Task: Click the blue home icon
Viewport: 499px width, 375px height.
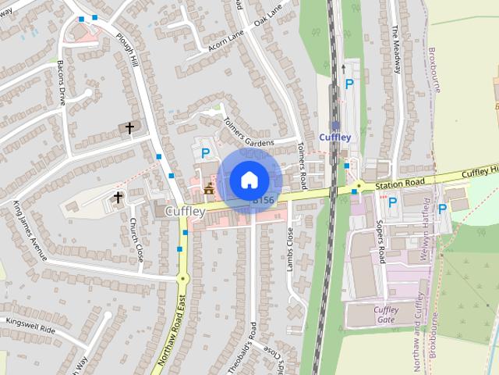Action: (x=249, y=180)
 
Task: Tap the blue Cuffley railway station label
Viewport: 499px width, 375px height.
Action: (x=335, y=137)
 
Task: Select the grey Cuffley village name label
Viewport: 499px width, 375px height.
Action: (x=185, y=211)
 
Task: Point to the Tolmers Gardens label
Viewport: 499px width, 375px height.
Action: (x=248, y=133)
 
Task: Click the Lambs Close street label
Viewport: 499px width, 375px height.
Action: (x=290, y=249)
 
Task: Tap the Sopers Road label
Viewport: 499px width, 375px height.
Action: (x=381, y=242)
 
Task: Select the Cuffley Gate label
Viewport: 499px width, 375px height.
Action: (x=386, y=315)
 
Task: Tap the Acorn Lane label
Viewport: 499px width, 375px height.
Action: (x=225, y=39)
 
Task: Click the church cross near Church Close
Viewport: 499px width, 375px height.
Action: (x=119, y=197)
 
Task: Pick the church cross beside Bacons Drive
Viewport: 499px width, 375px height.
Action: (x=129, y=127)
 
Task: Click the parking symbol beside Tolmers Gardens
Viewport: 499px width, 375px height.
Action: (x=206, y=154)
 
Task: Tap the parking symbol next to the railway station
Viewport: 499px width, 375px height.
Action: (x=349, y=84)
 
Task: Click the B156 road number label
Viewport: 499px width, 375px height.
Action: (x=264, y=201)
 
